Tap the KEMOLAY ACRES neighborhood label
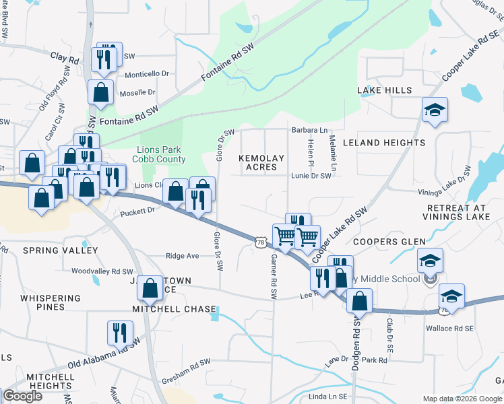[x=261, y=162]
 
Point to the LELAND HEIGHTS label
[x=384, y=143]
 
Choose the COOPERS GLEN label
[x=389, y=242]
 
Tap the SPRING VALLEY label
[x=61, y=250]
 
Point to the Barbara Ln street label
[x=309, y=130]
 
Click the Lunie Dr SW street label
[x=311, y=176]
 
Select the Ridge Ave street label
[x=183, y=256]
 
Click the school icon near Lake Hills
[x=435, y=110]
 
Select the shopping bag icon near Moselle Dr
[x=101, y=93]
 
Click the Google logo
[x=22, y=396]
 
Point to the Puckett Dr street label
[x=137, y=211]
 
